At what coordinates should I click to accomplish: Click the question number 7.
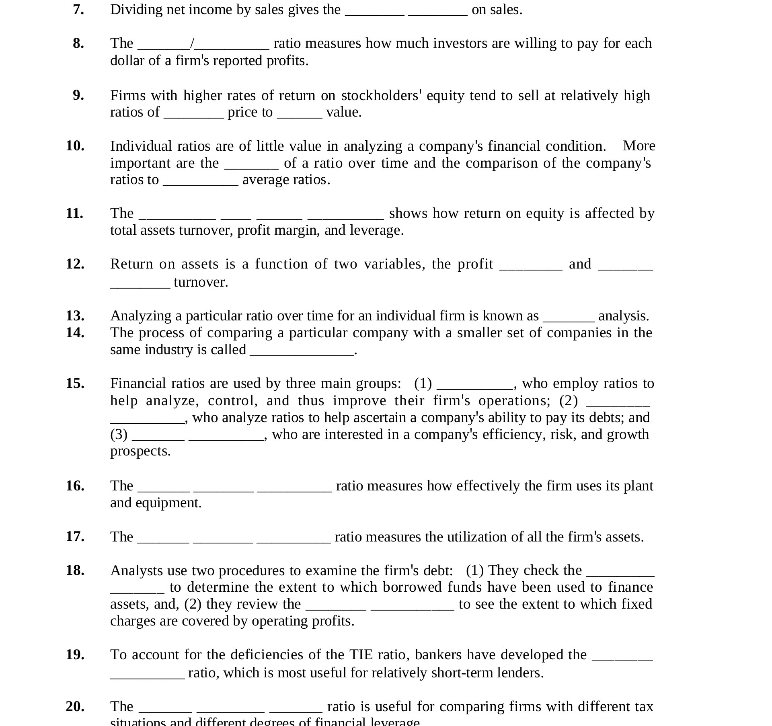[x=78, y=10]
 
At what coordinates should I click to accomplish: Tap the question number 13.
[x=75, y=316]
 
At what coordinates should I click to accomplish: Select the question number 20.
[x=75, y=706]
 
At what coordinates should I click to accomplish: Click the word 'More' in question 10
[x=639, y=146]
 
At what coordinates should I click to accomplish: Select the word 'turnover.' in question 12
[x=201, y=282]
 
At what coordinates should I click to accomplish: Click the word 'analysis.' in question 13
[x=624, y=316]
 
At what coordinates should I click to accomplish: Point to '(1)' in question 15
[x=423, y=384]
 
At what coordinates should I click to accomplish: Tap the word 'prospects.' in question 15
[x=140, y=451]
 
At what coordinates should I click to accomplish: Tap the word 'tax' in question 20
[x=644, y=706]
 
